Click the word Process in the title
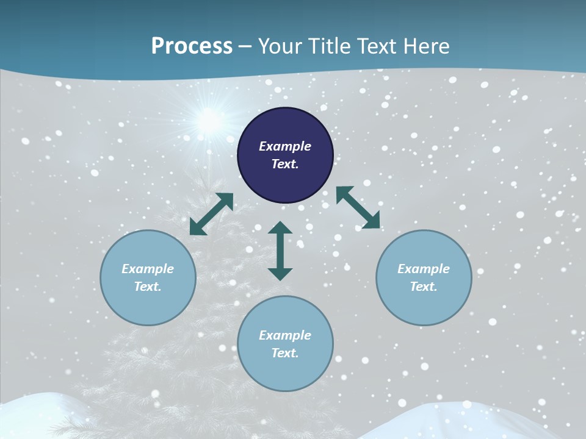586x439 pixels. click(x=192, y=46)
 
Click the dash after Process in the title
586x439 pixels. click(x=245, y=48)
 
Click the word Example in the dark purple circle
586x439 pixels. click(x=285, y=146)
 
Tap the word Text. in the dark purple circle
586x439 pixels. click(x=285, y=164)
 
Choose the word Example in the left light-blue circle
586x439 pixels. click(x=148, y=269)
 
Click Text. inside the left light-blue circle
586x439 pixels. click(x=148, y=287)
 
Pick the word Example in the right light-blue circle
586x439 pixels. click(x=424, y=269)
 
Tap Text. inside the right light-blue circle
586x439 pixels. click(x=424, y=287)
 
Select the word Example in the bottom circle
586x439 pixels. click(x=285, y=335)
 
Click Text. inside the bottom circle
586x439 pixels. click(x=285, y=353)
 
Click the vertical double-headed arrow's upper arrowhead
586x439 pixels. click(x=280, y=228)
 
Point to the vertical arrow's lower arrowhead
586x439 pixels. click(x=280, y=273)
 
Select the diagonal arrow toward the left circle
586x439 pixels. click(x=211, y=214)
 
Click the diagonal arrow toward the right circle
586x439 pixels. click(x=358, y=208)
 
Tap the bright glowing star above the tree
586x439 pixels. click(x=209, y=120)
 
